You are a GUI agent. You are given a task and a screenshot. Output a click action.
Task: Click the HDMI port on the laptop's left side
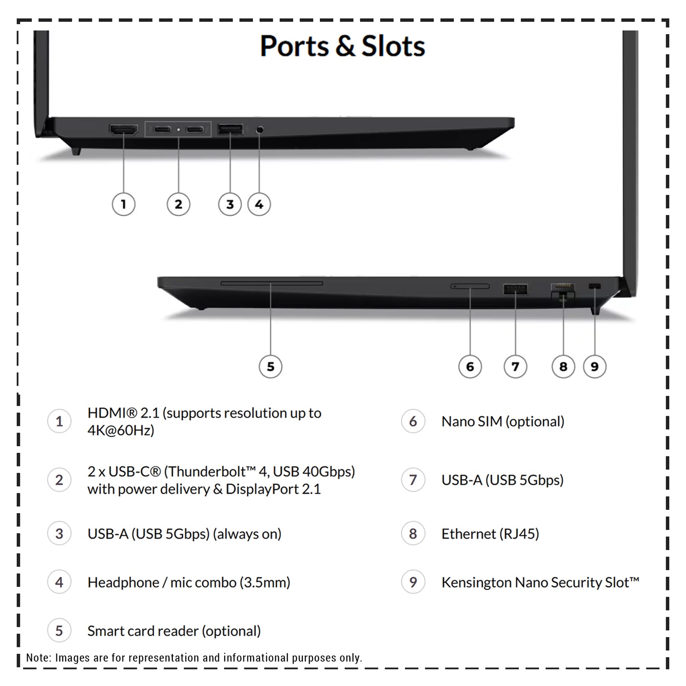tap(123, 130)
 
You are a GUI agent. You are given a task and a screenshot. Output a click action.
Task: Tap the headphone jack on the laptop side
tap(260, 130)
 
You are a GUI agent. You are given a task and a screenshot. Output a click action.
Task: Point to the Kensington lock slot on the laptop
tap(594, 286)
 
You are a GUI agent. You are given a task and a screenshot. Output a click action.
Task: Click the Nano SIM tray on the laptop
tap(470, 286)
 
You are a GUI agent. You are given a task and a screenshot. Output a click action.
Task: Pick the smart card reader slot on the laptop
tap(272, 283)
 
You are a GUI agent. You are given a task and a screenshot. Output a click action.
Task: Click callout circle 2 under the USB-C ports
tap(179, 204)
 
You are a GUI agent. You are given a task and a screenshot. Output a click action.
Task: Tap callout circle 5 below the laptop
tap(271, 366)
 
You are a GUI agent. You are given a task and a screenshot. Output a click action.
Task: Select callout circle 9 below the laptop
tap(594, 366)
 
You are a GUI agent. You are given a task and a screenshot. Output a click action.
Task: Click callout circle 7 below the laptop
tap(515, 366)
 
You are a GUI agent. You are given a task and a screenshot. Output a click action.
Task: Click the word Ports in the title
tap(294, 46)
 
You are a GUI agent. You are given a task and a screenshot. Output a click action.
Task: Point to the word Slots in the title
tap(394, 46)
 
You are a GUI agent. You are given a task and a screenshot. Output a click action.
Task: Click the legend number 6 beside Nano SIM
tap(413, 422)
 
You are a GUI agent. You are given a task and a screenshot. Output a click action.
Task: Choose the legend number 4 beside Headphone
tap(59, 582)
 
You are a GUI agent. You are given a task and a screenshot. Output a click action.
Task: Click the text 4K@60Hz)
tap(121, 431)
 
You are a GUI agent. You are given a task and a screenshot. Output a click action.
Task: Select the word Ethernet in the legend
tap(469, 534)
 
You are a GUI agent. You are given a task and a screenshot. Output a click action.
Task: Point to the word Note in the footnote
tap(38, 658)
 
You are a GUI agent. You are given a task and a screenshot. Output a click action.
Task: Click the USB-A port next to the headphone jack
tap(230, 129)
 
